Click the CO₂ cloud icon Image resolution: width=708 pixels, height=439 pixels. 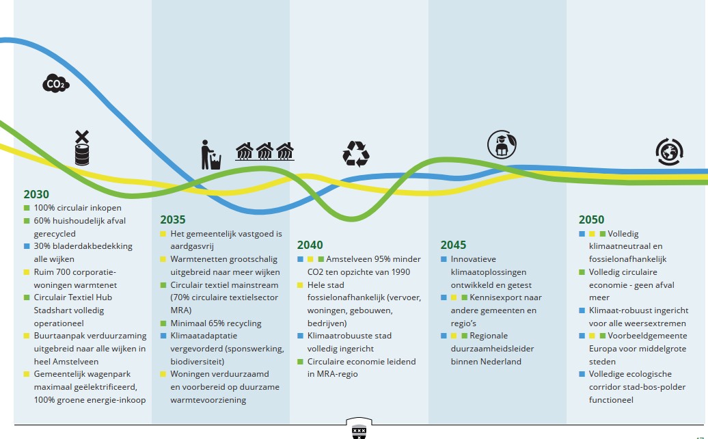(x=56, y=83)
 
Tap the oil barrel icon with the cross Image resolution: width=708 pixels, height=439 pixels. (x=82, y=148)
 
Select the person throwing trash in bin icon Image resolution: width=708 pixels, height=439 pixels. (x=210, y=155)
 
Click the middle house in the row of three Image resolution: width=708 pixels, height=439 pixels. (x=264, y=151)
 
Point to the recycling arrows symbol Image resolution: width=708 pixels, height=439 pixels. (x=356, y=154)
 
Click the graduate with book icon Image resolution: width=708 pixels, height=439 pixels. (x=502, y=144)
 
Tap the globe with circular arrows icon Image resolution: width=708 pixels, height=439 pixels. (x=669, y=152)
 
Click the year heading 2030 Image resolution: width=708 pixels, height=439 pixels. (x=36, y=194)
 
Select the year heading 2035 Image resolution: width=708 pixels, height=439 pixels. (x=172, y=219)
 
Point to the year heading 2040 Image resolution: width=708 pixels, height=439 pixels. (x=310, y=245)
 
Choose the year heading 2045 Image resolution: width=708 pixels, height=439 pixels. (x=453, y=245)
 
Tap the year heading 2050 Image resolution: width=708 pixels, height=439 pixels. (x=591, y=219)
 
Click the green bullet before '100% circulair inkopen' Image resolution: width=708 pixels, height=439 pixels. (x=27, y=208)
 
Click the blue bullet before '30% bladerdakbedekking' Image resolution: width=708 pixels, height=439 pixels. (x=27, y=247)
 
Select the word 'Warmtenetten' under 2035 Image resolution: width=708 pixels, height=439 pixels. (x=198, y=259)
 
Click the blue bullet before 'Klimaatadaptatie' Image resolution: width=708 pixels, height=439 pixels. (x=163, y=336)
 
